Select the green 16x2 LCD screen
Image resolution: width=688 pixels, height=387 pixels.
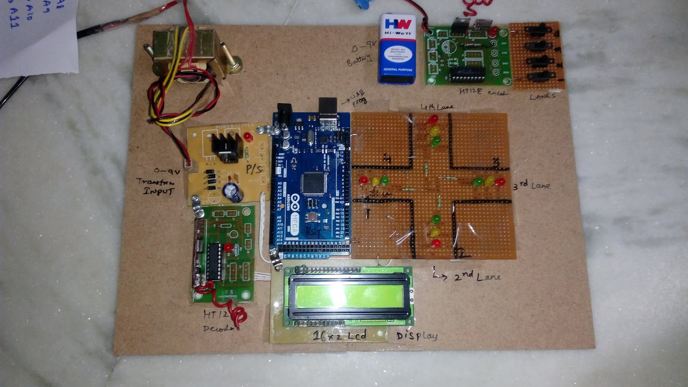coord(348,296)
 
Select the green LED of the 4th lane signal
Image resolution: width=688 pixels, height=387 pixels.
coord(436,141)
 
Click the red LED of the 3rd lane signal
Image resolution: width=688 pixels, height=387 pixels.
coord(500,181)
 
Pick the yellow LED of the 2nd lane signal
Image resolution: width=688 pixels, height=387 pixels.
coord(436,233)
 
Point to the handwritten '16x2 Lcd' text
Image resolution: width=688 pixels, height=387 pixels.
coord(340,335)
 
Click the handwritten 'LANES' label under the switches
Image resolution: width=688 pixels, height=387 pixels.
coord(543,96)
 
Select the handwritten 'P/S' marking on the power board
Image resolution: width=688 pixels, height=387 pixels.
coord(254,169)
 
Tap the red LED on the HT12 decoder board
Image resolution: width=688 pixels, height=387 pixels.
coord(228,248)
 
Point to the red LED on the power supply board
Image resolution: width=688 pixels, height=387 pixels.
coord(248,137)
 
